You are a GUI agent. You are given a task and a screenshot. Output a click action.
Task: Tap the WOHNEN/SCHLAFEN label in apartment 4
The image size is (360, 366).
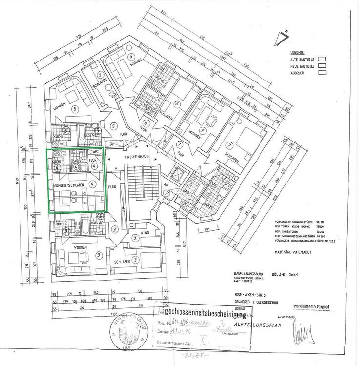(67, 185)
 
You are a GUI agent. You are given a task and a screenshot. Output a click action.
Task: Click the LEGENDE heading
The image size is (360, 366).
(298, 52)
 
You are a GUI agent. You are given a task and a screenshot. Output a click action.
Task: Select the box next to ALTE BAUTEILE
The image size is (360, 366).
(321, 58)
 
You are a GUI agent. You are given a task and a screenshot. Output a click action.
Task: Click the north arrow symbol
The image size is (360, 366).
(282, 39)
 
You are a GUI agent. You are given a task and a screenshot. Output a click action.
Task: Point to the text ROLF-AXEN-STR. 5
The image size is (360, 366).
(246, 296)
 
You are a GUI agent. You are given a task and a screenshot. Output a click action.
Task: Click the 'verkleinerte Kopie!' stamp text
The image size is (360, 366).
(310, 306)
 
